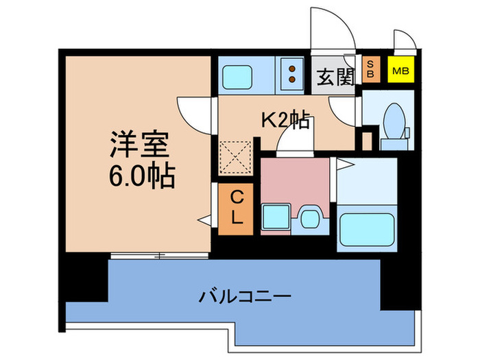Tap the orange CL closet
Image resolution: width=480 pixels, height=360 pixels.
tap(235, 208)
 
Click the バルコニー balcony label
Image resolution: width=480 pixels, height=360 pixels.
tap(245, 297)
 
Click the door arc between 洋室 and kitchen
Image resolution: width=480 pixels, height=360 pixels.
tap(196, 114)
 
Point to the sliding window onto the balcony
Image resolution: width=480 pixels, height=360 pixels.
tap(159, 256)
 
